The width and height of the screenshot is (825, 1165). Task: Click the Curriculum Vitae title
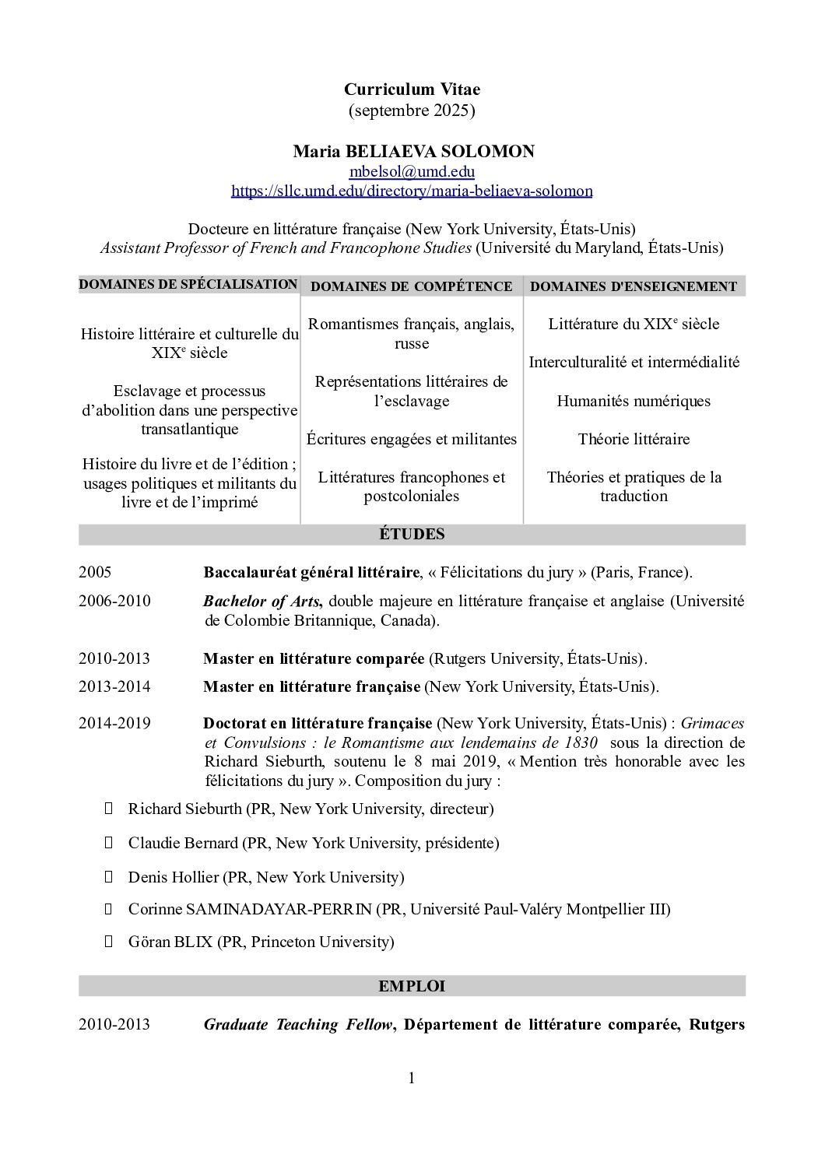click(412, 90)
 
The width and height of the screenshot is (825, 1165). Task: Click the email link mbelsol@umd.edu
click(412, 171)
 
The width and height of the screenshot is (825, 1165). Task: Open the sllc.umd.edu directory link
click(412, 191)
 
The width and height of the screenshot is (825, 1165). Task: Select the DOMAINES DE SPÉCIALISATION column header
click(188, 285)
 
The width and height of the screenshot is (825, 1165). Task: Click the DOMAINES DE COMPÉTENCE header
click(411, 286)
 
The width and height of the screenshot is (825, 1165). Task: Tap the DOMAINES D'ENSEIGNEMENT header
click(633, 286)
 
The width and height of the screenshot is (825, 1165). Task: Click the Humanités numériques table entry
click(633, 402)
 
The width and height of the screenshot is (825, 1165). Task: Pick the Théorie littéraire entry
click(633, 440)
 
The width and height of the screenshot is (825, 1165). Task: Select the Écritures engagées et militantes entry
click(411, 440)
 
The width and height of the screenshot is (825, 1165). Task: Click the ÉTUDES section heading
click(412, 535)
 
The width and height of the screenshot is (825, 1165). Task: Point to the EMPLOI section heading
click(412, 986)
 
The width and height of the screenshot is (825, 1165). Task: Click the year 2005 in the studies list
click(95, 573)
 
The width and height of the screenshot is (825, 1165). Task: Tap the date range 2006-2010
click(114, 602)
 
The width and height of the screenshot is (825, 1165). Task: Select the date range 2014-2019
click(114, 723)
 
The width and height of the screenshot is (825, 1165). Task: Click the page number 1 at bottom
click(412, 1079)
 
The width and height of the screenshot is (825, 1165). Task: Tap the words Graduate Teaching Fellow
click(297, 1025)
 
